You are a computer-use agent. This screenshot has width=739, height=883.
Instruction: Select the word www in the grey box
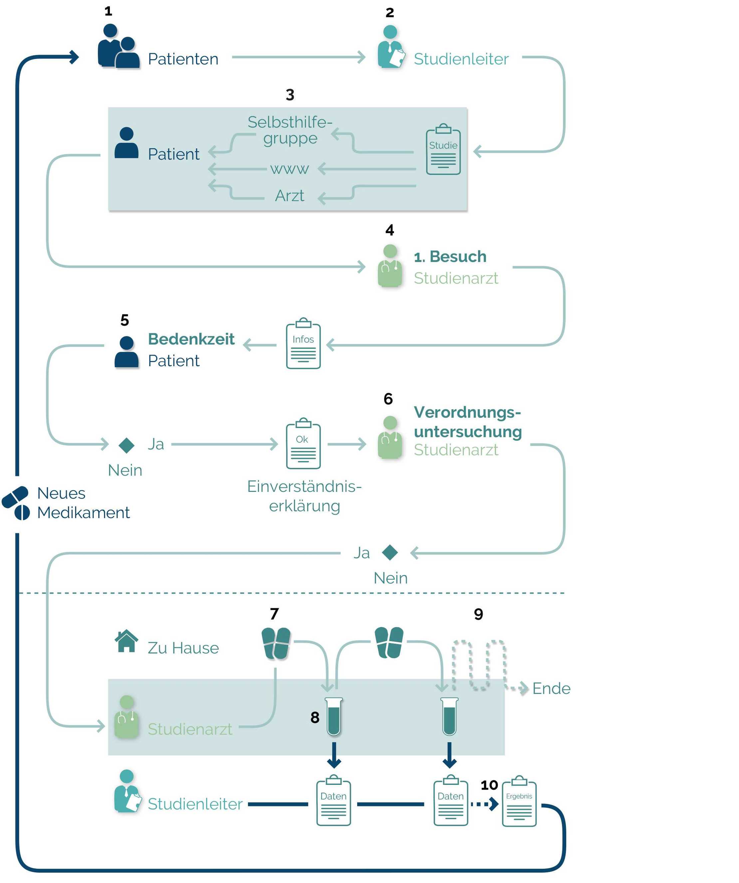pos(290,169)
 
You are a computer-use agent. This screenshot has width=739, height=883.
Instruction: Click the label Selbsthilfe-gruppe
pos(290,130)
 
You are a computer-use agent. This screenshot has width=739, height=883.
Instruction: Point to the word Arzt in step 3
pos(290,196)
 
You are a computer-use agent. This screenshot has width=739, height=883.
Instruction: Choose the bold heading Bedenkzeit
pos(191,339)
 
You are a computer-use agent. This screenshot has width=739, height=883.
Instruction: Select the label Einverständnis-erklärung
pos(304,496)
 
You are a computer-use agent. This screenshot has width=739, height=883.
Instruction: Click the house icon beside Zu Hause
pos(126,641)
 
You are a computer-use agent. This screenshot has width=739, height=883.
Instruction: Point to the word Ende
pos(551,689)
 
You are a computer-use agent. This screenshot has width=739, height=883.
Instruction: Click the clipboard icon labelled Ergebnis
pos(519,802)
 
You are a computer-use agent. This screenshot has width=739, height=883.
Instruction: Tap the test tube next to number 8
pos(334,716)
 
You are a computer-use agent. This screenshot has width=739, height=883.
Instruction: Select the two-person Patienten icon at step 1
pos(118,46)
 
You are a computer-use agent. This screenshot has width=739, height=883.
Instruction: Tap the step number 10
pos(489,785)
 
